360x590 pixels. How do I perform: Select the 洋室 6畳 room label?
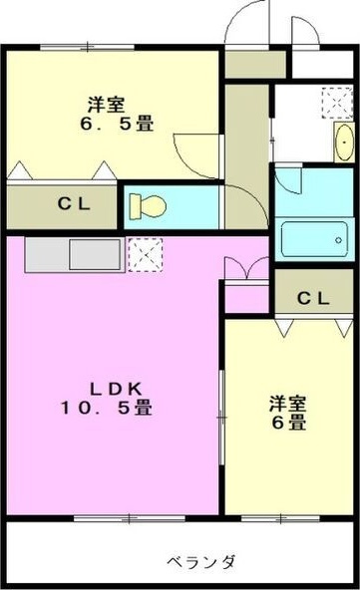pos(286,413)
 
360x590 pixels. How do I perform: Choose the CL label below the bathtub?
pos(312,296)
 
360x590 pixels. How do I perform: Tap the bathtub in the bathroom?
pos(314,240)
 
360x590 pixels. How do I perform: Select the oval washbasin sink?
pos(342,143)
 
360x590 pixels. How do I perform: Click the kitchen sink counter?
pos(72,254)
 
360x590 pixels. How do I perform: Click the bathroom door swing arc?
pos(290,179)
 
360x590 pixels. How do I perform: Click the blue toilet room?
pos(170,207)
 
